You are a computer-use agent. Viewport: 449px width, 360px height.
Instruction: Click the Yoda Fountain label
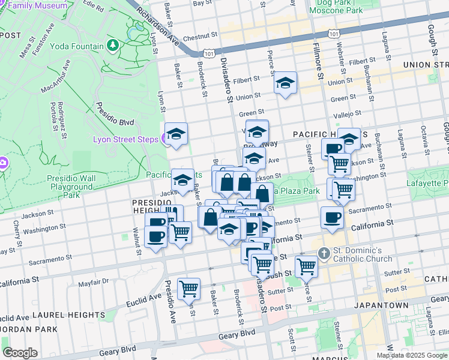(77, 46)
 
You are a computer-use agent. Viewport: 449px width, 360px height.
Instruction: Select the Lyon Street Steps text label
(125, 140)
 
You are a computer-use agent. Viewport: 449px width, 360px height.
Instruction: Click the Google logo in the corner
(20, 352)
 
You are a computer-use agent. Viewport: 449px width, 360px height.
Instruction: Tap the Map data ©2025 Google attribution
(412, 355)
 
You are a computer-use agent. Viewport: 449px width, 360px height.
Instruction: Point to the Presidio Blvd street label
(114, 116)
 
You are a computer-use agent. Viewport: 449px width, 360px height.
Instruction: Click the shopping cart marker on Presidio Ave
(189, 289)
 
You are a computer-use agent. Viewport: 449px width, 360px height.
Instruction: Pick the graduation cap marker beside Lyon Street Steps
(176, 135)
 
